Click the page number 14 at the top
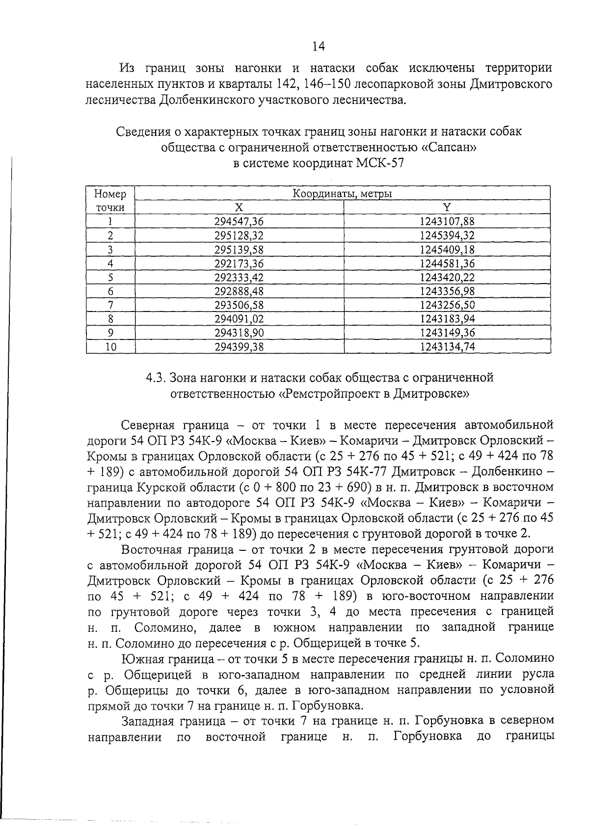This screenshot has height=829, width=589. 318,46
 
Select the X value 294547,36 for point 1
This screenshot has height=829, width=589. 239,222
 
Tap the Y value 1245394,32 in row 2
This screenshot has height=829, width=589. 447,235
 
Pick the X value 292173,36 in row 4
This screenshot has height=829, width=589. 239,263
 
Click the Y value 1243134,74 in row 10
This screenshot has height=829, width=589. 447,347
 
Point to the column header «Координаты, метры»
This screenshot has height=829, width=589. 342,194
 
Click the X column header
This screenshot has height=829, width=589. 239,207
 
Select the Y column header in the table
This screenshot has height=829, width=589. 447,207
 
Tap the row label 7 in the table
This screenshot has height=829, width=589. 110,305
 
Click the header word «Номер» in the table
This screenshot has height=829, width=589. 110,194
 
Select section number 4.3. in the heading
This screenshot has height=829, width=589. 156,378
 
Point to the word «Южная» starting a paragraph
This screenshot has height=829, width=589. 138,658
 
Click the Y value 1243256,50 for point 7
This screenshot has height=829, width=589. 447,305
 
